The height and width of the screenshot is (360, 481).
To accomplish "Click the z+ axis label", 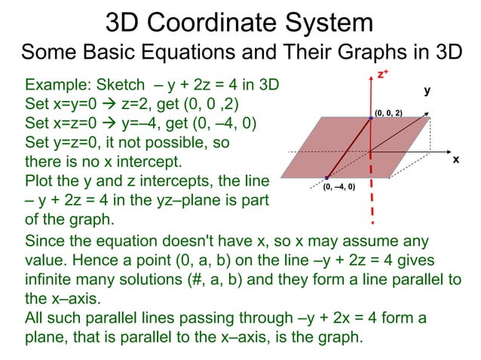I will [383, 74].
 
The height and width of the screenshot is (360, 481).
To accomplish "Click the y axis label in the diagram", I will [427, 90].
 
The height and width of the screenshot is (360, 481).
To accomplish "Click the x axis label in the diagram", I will [455, 160].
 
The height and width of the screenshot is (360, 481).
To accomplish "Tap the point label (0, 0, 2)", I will [388, 112].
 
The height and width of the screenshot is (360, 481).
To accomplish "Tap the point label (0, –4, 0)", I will [339, 186].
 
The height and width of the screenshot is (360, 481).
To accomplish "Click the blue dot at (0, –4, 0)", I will [326, 178].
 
